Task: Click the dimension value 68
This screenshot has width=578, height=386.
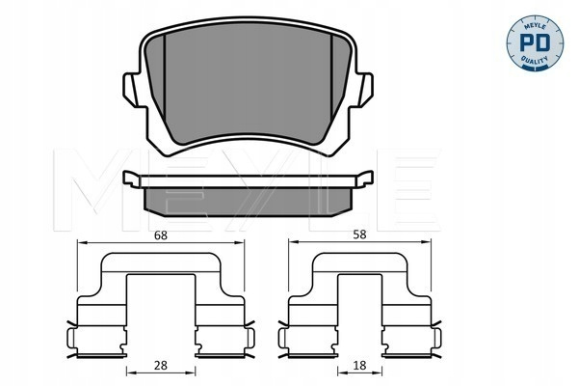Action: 161,235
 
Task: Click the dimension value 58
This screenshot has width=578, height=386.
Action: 359,234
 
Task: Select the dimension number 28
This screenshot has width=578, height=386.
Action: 161,366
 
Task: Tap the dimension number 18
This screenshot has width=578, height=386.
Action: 359,366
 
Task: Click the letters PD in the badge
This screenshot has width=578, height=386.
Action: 535,42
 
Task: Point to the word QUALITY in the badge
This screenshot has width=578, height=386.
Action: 535,60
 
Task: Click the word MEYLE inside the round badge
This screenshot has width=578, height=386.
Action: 535,26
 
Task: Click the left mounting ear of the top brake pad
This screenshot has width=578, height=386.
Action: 132,91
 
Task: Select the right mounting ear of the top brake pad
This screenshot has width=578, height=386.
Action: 364,91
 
